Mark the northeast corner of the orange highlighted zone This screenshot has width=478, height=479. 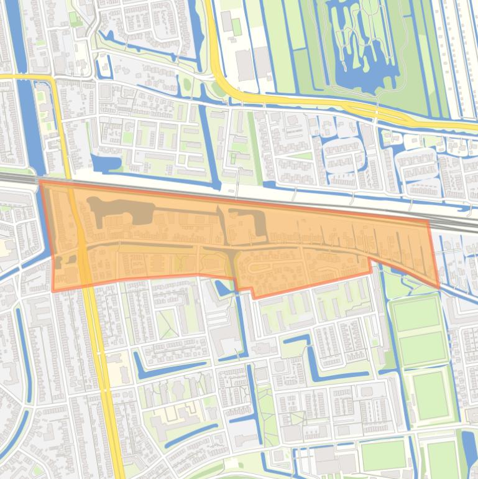(429, 221)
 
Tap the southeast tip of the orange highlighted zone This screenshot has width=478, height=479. (439, 287)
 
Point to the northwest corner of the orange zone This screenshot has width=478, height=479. (40, 181)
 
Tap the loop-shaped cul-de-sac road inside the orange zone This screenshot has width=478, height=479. (261, 269)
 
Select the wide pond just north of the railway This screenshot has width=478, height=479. (106, 163)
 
